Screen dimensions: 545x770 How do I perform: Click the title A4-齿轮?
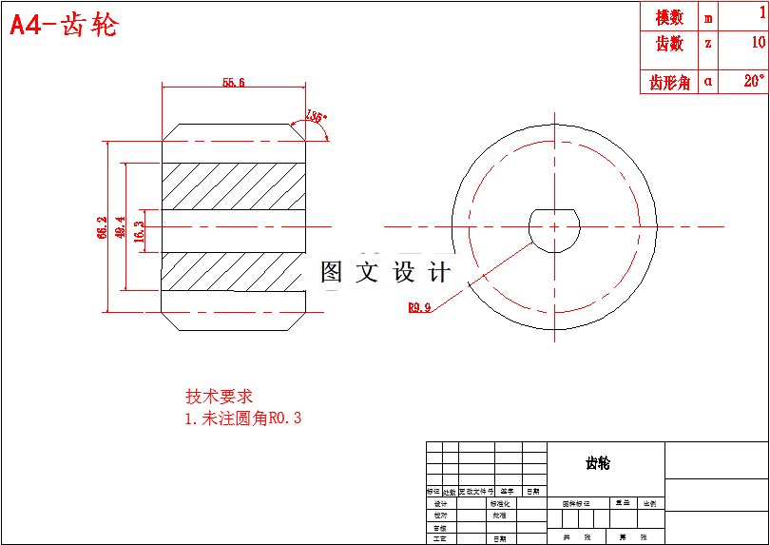coord(64,25)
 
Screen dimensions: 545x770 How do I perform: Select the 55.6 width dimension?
coord(234,83)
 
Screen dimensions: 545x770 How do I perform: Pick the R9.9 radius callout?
coord(419,307)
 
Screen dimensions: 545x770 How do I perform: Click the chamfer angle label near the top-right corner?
coord(317,118)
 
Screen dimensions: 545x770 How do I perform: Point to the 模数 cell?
coord(669,17)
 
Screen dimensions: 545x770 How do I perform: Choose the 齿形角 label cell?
coord(669,83)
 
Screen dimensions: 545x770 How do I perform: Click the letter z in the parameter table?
coord(708,44)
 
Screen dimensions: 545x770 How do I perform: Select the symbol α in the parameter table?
coord(708,83)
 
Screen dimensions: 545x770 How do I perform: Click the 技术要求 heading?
coord(219,396)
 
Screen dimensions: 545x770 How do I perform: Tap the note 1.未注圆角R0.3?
coord(242,418)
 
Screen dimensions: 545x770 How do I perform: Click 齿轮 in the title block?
coord(598,463)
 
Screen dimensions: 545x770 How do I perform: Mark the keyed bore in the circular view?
coord(553,227)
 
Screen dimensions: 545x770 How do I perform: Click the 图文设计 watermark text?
coord(385,273)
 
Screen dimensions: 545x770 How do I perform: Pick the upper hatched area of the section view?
coord(234,185)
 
